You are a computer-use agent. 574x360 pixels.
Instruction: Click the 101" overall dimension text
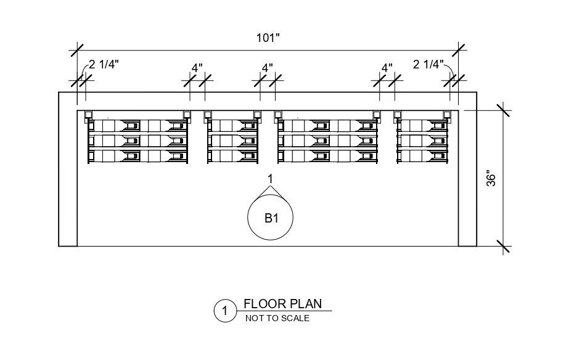pos(268,38)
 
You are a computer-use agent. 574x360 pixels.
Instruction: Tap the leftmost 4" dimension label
pos(197,68)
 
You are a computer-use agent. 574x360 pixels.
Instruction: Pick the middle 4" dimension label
pos(267,68)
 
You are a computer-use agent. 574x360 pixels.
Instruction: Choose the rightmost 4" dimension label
pos(387,68)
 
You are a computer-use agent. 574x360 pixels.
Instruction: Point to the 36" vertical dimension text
pos(491,179)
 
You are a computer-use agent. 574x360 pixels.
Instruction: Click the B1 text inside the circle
pos(270,217)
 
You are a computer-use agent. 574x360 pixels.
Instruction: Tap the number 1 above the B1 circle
pos(269,178)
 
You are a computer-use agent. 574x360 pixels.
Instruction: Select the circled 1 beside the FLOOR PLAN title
pos(224,311)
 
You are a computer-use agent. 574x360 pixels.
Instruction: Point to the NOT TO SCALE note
pos(277,319)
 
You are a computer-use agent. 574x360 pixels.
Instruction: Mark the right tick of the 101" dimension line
pos(459,49)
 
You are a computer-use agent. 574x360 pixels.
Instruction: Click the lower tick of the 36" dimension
pos(504,246)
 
